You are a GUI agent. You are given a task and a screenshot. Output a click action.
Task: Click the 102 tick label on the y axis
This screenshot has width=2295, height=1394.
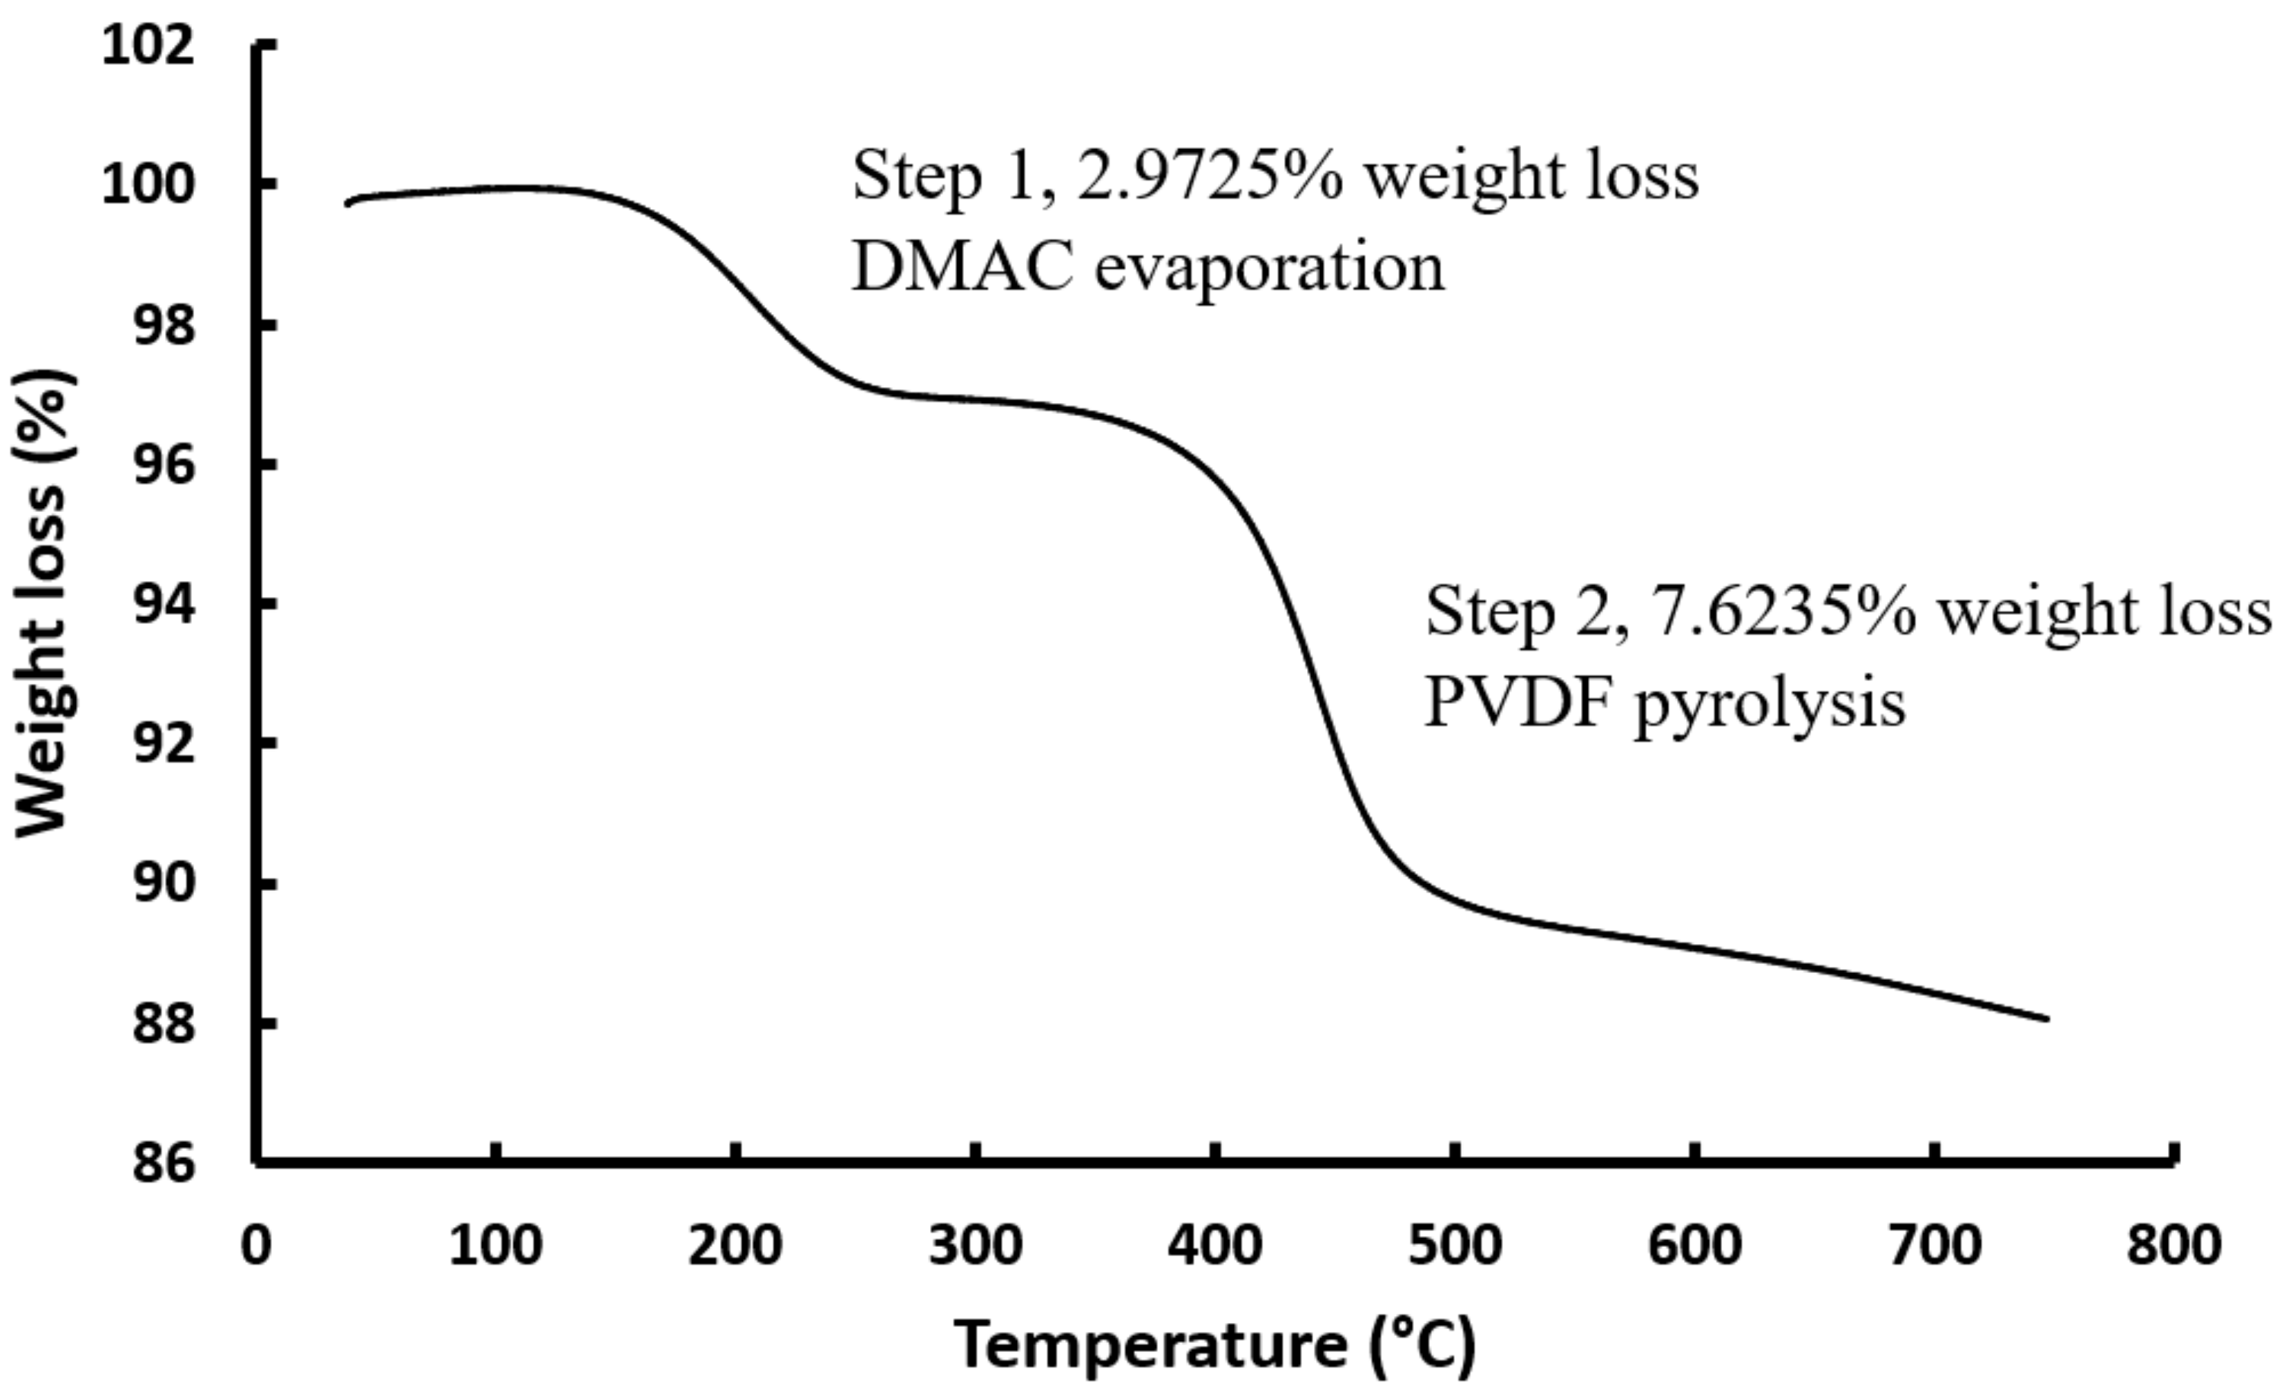tap(149, 46)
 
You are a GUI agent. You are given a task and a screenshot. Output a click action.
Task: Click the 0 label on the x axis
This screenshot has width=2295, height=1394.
tap(256, 1246)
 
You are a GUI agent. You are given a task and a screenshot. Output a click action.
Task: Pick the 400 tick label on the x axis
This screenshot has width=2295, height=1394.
tap(1215, 1246)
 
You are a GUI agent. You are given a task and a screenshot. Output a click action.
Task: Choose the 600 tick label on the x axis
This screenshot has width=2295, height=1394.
tap(1694, 1246)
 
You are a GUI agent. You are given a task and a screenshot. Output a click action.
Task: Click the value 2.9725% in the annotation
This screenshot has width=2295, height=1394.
tap(1210, 176)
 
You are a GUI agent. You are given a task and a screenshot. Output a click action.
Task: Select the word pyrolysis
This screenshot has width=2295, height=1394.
tap(1770, 708)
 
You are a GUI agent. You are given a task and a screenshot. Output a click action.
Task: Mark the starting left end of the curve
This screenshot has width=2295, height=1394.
tap(347, 203)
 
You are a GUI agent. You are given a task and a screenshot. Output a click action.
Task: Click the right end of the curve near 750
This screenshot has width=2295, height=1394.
tap(2047, 1019)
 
